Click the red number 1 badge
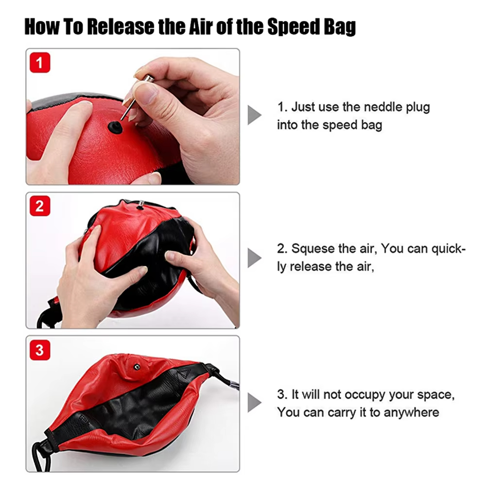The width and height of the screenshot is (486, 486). click(x=40, y=63)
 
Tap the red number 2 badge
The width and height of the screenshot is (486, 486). click(x=40, y=206)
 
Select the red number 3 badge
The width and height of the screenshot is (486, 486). click(x=40, y=350)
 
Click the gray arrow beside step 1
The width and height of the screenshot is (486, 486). click(x=255, y=116)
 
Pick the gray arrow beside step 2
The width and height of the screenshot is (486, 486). click(x=255, y=258)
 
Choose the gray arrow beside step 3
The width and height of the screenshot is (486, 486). click(x=255, y=403)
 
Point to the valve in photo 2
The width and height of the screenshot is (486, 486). click(x=140, y=206)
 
